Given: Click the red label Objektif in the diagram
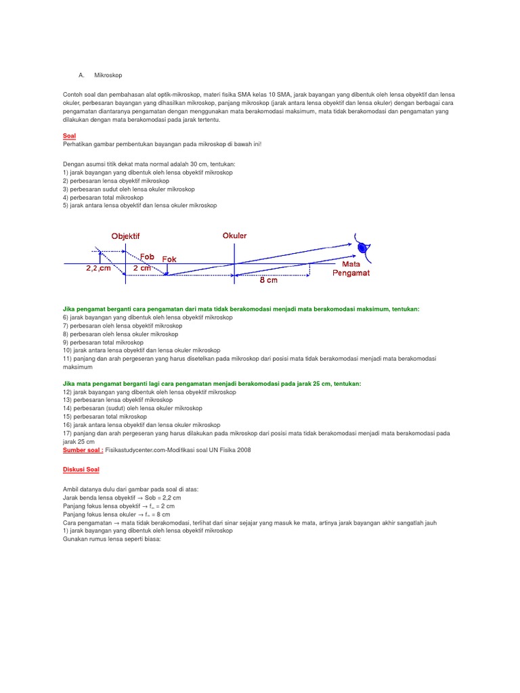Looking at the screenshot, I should [x=125, y=236].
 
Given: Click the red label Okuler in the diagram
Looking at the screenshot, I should [x=234, y=236].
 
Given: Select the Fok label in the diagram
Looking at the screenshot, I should [x=169, y=260].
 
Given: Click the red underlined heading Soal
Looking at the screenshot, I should [x=69, y=136].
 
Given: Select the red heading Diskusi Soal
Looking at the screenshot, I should [x=81, y=469].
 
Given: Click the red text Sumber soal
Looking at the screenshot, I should [x=83, y=449].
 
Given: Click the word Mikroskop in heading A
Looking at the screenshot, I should [x=108, y=74].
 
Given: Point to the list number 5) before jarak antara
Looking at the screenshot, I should [x=66, y=206].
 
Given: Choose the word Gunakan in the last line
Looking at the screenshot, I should [x=74, y=539].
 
